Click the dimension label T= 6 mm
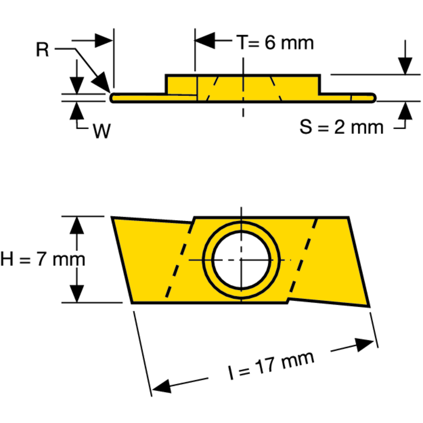point(275,42)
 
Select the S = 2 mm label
point(342,127)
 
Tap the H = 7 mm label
point(42,259)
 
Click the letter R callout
point(42,50)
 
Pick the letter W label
point(102,132)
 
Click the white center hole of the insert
point(241,259)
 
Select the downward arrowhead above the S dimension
point(405,66)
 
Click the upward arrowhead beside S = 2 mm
point(405,111)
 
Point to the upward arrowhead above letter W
point(77,111)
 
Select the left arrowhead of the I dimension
point(162,385)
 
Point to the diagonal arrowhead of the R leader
point(102,82)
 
